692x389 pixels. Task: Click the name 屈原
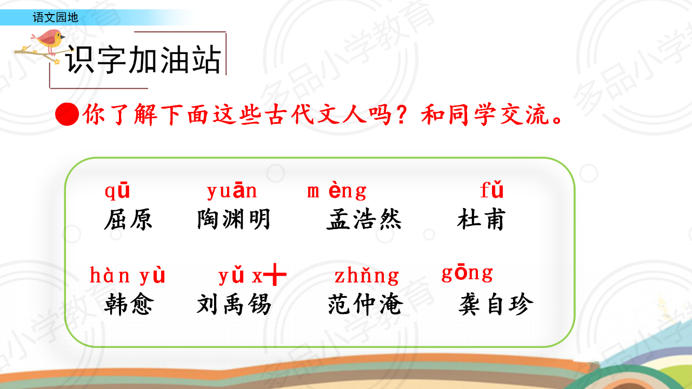(x=128, y=219)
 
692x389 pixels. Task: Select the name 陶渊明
(x=234, y=219)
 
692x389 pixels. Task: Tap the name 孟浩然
(x=364, y=219)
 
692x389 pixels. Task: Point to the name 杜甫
(x=481, y=219)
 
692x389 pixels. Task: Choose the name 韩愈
(x=129, y=304)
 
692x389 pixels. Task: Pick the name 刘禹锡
(x=234, y=304)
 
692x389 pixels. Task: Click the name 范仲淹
(x=365, y=304)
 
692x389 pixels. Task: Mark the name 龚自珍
(x=496, y=304)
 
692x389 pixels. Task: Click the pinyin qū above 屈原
(x=117, y=191)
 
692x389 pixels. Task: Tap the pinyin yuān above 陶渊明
(x=232, y=191)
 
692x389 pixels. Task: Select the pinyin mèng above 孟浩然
(x=337, y=191)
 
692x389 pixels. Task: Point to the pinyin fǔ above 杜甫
(x=492, y=190)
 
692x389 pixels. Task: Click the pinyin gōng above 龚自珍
(x=467, y=273)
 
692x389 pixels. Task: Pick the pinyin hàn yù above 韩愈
(x=127, y=275)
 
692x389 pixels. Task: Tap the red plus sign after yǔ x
(x=275, y=274)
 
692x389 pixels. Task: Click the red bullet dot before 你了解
(x=67, y=114)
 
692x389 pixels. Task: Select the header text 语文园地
(x=56, y=17)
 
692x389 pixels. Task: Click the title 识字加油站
(x=144, y=59)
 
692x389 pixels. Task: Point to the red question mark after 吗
(x=402, y=114)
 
